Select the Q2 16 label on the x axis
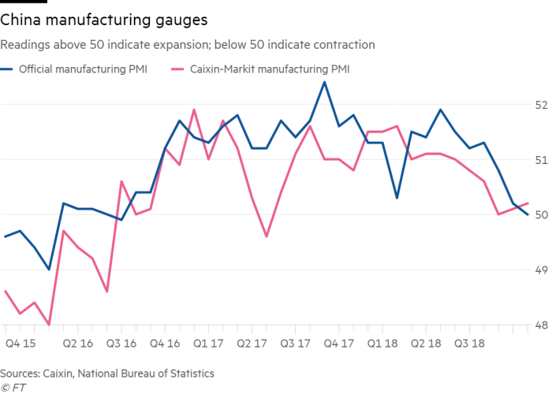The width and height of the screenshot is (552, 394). pyautogui.click(x=77, y=344)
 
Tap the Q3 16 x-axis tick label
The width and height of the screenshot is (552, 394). pyautogui.click(x=121, y=344)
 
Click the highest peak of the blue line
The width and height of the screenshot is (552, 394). pyautogui.click(x=324, y=81)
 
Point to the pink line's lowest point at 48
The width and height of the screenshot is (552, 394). pyautogui.click(x=49, y=324)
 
